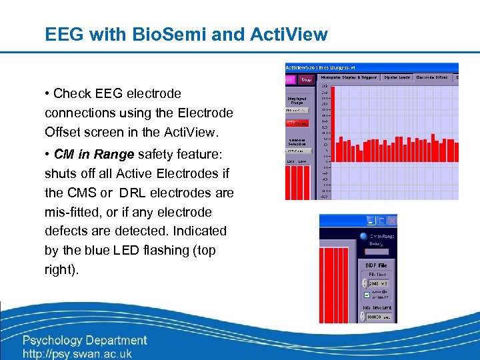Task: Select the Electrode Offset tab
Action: [432, 77]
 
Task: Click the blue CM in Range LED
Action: [363, 236]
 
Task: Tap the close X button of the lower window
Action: [392, 221]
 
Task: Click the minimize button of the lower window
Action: [371, 221]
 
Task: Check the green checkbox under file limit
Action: [365, 294]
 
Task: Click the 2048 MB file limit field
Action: [375, 283]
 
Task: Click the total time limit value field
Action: [375, 317]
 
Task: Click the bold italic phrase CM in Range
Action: [94, 155]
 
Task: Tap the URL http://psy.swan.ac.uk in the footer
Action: [77, 354]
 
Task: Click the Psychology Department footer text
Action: [85, 341]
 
